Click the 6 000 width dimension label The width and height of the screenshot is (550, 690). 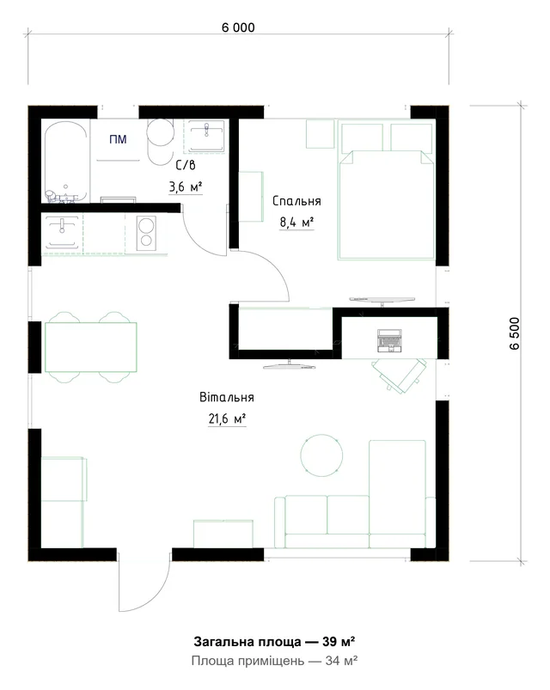(x=238, y=27)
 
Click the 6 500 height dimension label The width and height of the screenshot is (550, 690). (x=515, y=333)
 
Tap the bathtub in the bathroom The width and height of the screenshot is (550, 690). (x=65, y=162)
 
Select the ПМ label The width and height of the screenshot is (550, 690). (x=118, y=139)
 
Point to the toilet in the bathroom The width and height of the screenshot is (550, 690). (x=160, y=141)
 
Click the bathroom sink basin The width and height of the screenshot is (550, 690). (x=206, y=136)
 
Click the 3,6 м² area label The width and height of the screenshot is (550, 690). (x=186, y=187)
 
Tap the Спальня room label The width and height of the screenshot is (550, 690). (x=296, y=201)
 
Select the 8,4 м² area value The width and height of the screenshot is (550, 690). (x=296, y=223)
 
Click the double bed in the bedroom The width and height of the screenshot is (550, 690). (x=387, y=192)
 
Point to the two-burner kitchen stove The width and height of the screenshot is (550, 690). (x=145, y=232)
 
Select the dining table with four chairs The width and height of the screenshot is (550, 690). (x=90, y=347)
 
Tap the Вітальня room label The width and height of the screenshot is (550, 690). (x=227, y=397)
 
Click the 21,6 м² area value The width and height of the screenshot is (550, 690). (x=227, y=418)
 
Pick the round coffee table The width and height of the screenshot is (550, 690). (x=321, y=455)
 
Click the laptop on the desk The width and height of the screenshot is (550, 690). (x=389, y=340)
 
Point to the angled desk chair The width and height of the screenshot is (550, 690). (x=399, y=375)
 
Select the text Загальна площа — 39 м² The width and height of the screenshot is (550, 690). (x=274, y=641)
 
